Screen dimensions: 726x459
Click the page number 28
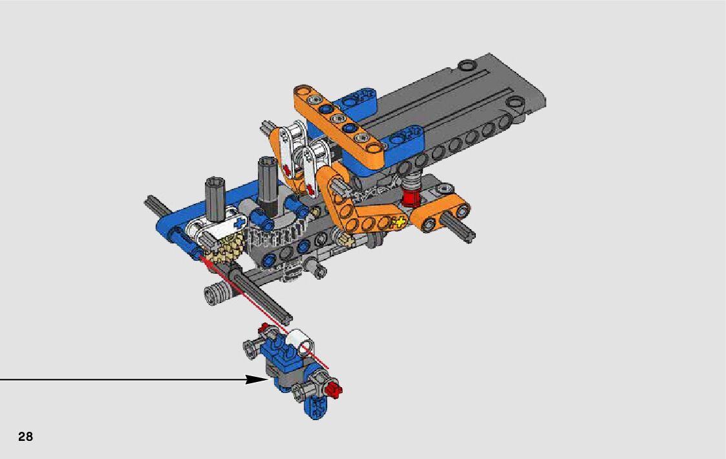(25, 436)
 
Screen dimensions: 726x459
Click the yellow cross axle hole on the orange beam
(398, 223)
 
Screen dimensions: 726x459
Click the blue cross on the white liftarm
(239, 223)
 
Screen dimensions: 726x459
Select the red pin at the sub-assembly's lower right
(334, 390)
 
